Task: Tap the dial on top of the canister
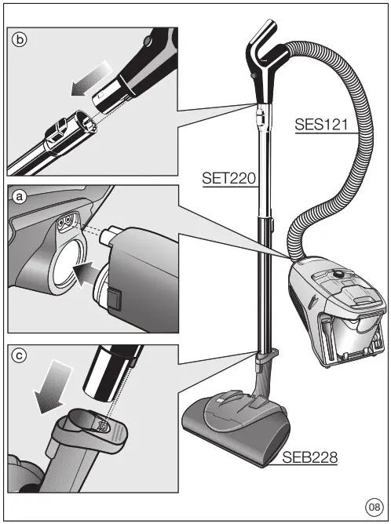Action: (336, 274)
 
